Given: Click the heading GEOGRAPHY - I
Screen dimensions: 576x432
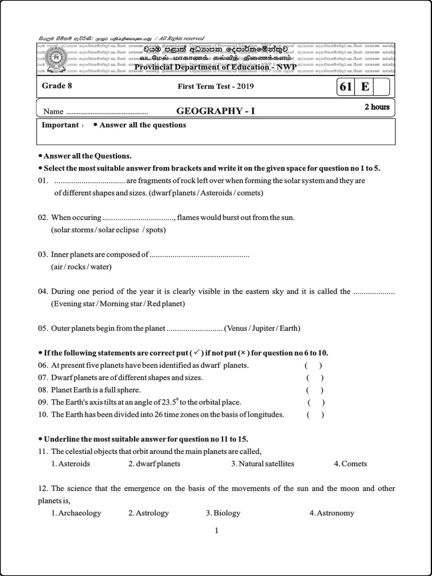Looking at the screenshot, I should tap(215, 111).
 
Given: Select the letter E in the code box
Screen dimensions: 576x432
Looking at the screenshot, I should tap(365, 87).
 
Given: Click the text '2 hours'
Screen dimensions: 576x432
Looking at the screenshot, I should tap(377, 107).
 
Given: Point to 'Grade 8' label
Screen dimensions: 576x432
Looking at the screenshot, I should tap(57, 86).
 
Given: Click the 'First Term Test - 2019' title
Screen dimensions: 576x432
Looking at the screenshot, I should tap(215, 87).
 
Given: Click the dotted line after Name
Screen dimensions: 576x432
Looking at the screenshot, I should tap(107, 112).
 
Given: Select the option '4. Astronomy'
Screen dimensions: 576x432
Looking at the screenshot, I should tap(332, 513).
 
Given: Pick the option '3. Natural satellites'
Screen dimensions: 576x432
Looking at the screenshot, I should tap(263, 464).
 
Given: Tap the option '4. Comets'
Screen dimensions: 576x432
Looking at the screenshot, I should tap(350, 464).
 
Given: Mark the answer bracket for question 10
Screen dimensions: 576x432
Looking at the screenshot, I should tap(315, 415).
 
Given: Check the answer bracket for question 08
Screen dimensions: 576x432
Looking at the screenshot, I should tap(314, 390).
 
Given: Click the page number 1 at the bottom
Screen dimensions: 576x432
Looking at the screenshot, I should tap(216, 530).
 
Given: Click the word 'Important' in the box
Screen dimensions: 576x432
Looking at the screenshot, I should tap(60, 125).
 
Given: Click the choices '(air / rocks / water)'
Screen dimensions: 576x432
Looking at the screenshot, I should tap(82, 267).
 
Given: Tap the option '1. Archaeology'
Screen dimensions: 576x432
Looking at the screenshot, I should tap(76, 513).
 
